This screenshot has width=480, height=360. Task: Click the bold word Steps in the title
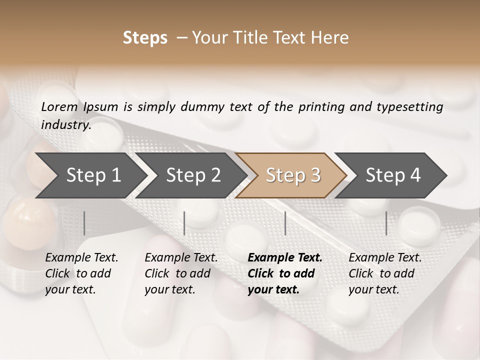click(145, 38)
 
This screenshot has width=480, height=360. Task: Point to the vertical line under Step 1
click(84, 223)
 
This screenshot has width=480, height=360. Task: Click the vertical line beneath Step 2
click(184, 223)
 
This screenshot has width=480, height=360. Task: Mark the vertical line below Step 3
click(285, 223)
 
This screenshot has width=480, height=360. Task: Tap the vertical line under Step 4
click(386, 223)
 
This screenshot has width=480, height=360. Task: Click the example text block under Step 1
click(81, 273)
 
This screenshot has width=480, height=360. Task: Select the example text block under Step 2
click(181, 273)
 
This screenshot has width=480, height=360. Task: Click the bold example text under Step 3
click(285, 273)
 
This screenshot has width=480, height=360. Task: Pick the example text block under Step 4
click(385, 273)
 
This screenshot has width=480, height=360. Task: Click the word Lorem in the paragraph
click(59, 107)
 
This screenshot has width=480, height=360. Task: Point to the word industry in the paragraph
click(65, 125)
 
